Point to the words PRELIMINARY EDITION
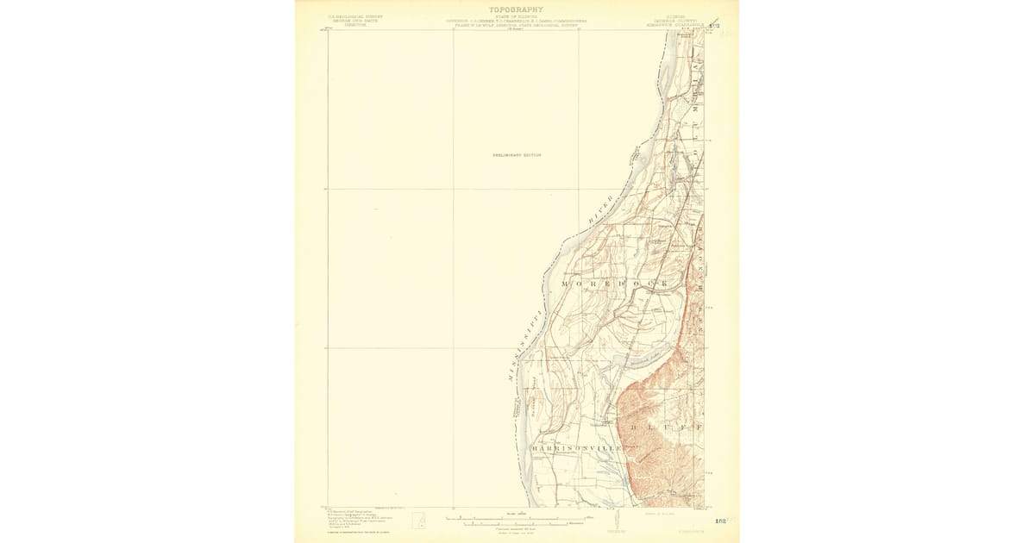517,154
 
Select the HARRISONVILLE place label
576,449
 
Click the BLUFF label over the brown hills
667,427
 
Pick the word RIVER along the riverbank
601,209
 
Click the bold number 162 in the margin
720,521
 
